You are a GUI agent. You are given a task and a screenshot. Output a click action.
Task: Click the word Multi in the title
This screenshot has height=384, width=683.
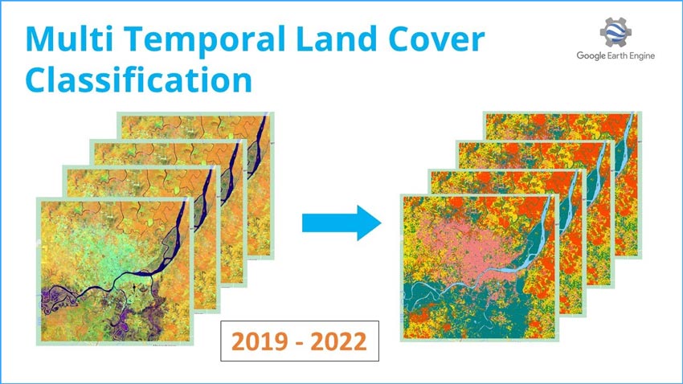tap(69, 39)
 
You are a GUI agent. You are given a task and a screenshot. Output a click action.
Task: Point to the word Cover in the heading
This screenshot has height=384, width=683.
tap(436, 39)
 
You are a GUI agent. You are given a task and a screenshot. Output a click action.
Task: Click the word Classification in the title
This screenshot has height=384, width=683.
tap(139, 80)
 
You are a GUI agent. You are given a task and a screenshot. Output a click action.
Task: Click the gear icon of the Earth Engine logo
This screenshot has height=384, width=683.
tap(616, 32)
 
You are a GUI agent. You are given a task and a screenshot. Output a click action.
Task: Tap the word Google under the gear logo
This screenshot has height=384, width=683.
tap(591, 55)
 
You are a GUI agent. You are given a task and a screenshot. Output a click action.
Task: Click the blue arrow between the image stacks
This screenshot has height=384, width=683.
tap(341, 223)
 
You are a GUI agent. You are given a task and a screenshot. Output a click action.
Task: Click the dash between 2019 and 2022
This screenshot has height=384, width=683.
tap(299, 343)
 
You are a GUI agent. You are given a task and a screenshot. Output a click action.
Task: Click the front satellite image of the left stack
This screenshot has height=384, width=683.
tap(115, 272)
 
